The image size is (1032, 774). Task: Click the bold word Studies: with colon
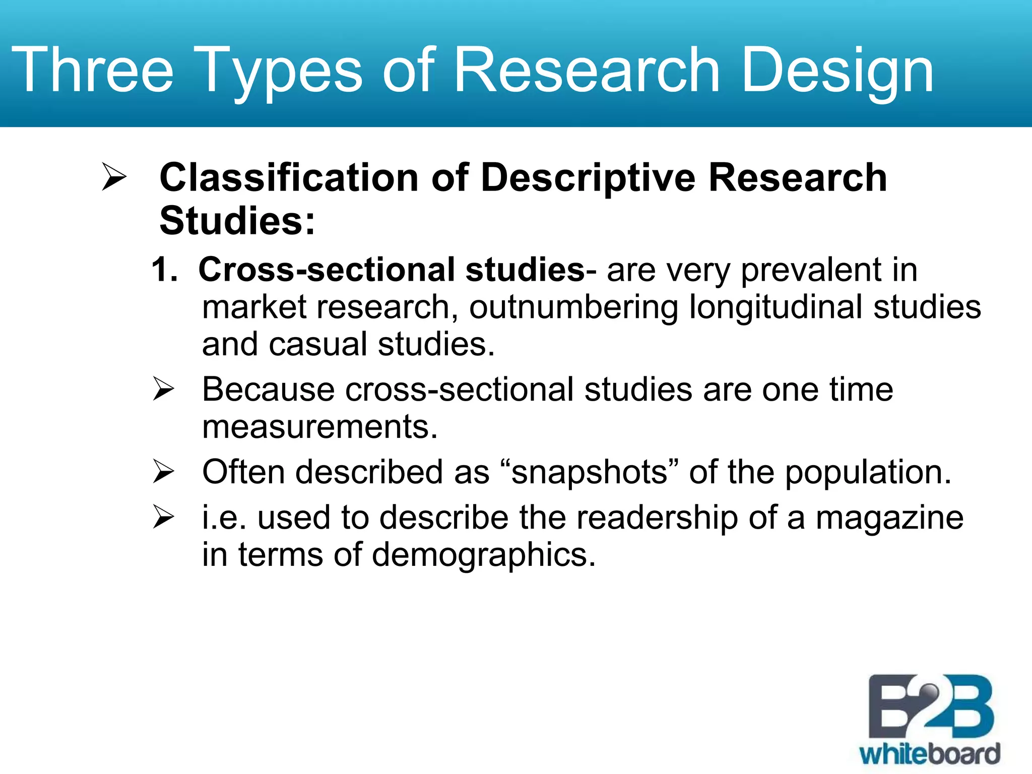[x=237, y=221]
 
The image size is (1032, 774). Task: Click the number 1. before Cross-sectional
[x=164, y=270]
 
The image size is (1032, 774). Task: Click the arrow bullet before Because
[x=163, y=389]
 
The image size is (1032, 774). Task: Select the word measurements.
[x=319, y=427]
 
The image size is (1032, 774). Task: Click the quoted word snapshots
[x=590, y=473]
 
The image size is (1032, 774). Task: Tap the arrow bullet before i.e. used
[x=163, y=517]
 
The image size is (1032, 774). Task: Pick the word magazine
[x=889, y=518]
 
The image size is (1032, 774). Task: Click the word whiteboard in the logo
[x=930, y=754]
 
